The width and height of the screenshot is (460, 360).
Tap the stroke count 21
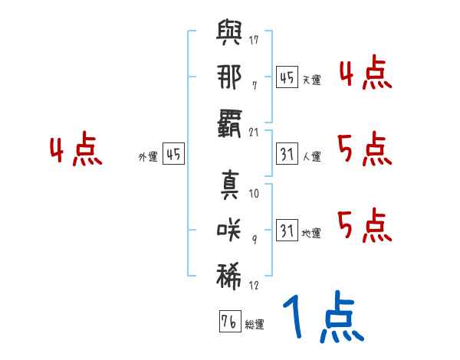254,133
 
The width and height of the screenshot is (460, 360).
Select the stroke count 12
254,285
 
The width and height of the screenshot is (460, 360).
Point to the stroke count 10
254,194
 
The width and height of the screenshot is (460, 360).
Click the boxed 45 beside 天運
287,77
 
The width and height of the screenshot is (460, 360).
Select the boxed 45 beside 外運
174,154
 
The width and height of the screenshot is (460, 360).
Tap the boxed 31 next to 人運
287,154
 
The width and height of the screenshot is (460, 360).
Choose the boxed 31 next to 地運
287,230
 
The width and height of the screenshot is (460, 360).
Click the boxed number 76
228,322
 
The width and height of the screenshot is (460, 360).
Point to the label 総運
255,325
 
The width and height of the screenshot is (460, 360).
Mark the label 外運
147,157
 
